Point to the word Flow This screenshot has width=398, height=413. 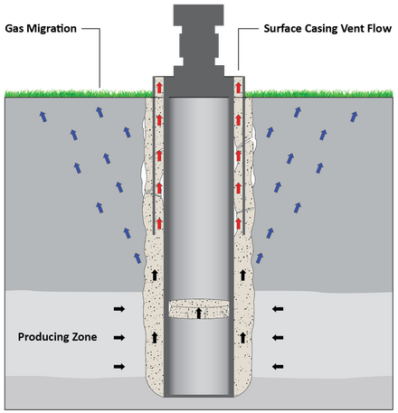point(379,29)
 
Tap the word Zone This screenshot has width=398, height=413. point(84,337)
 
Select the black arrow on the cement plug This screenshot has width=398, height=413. point(198,313)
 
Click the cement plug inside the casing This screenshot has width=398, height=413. point(198,309)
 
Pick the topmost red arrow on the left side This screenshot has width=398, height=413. point(159,88)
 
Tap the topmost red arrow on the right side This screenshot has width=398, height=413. point(239,88)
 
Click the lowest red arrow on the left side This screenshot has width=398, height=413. point(159,223)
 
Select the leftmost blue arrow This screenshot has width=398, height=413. point(43,117)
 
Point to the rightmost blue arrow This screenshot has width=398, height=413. point(354,117)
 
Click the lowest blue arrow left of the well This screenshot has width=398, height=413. point(137,258)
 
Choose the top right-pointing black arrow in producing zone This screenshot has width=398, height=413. point(119,309)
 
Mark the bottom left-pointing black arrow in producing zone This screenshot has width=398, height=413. point(278,367)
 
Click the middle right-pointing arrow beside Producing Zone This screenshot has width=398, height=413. point(119,338)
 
